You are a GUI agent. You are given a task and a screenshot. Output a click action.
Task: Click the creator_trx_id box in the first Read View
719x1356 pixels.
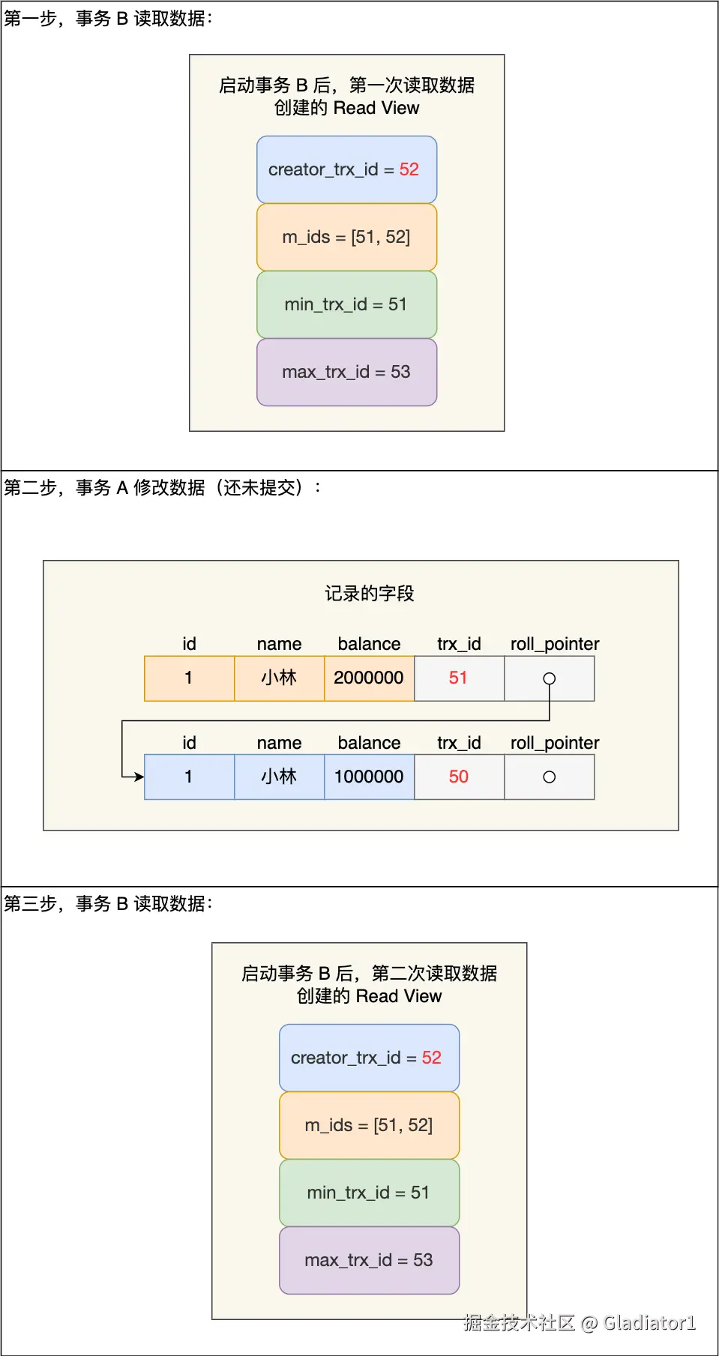tap(346, 169)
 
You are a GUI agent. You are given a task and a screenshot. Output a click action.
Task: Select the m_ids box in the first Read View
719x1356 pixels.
tap(346, 237)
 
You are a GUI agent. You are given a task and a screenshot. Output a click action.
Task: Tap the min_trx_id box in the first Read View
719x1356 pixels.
tap(346, 304)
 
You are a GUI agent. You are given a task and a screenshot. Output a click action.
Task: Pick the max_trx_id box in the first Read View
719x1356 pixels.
tap(346, 372)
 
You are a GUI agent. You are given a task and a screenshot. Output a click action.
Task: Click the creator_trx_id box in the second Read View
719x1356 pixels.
tap(369, 1058)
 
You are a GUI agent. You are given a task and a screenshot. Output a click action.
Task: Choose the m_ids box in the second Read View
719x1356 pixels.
tap(369, 1125)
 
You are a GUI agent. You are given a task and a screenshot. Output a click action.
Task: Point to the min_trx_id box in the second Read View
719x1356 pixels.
tap(369, 1193)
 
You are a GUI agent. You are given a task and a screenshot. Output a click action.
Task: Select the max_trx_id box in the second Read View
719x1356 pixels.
tap(369, 1260)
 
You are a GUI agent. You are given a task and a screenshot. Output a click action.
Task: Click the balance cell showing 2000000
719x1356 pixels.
tap(369, 678)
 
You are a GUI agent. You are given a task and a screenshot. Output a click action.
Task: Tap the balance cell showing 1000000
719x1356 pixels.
tap(369, 777)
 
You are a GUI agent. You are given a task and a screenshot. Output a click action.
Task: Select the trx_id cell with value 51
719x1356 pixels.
tap(459, 678)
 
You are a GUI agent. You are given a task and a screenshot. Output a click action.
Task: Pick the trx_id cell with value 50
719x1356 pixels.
tap(459, 777)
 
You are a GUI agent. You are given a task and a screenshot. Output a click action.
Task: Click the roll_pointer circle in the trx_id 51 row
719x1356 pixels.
tap(550, 678)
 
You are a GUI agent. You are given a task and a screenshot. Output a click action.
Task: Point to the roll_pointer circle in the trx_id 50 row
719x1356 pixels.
tap(550, 777)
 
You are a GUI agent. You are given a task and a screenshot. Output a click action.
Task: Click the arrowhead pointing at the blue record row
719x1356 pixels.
tap(139, 777)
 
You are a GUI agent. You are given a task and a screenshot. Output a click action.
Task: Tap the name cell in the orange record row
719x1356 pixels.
tap(279, 678)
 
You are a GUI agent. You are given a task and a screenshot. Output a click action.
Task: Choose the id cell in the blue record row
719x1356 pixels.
tap(189, 777)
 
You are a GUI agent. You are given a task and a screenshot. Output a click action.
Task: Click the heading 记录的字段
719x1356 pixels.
tap(369, 594)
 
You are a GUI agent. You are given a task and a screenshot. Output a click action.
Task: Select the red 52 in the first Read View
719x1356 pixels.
tap(409, 169)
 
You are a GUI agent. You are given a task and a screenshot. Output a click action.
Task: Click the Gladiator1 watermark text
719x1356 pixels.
tap(649, 1323)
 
